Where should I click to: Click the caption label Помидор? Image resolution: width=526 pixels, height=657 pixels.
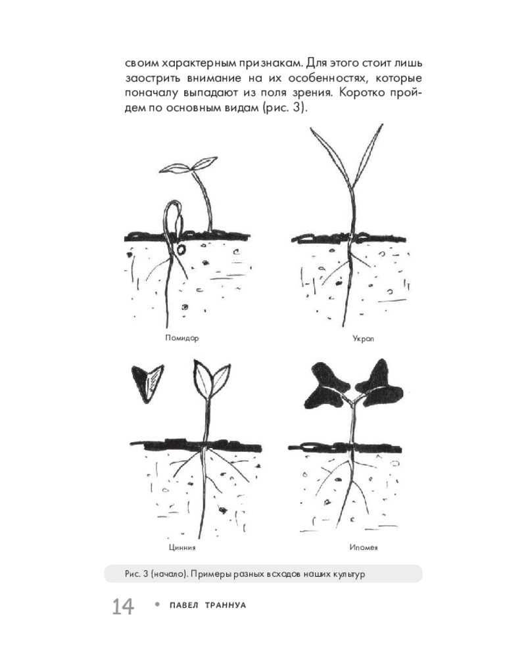click(181, 338)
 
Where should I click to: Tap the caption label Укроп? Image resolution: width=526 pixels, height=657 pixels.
click(363, 338)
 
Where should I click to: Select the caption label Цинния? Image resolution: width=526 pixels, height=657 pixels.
click(182, 547)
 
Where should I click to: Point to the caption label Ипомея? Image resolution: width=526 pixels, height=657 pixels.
click(363, 547)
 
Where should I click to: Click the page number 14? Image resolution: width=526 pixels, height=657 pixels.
click(122, 606)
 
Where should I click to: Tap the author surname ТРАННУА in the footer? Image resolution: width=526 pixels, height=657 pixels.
click(226, 605)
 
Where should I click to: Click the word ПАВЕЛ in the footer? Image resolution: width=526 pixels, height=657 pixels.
click(183, 605)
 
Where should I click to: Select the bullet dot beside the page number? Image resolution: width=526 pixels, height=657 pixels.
click(158, 604)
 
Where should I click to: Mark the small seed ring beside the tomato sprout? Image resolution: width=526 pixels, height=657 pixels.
click(181, 250)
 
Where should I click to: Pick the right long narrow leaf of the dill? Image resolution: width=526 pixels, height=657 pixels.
click(368, 155)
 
